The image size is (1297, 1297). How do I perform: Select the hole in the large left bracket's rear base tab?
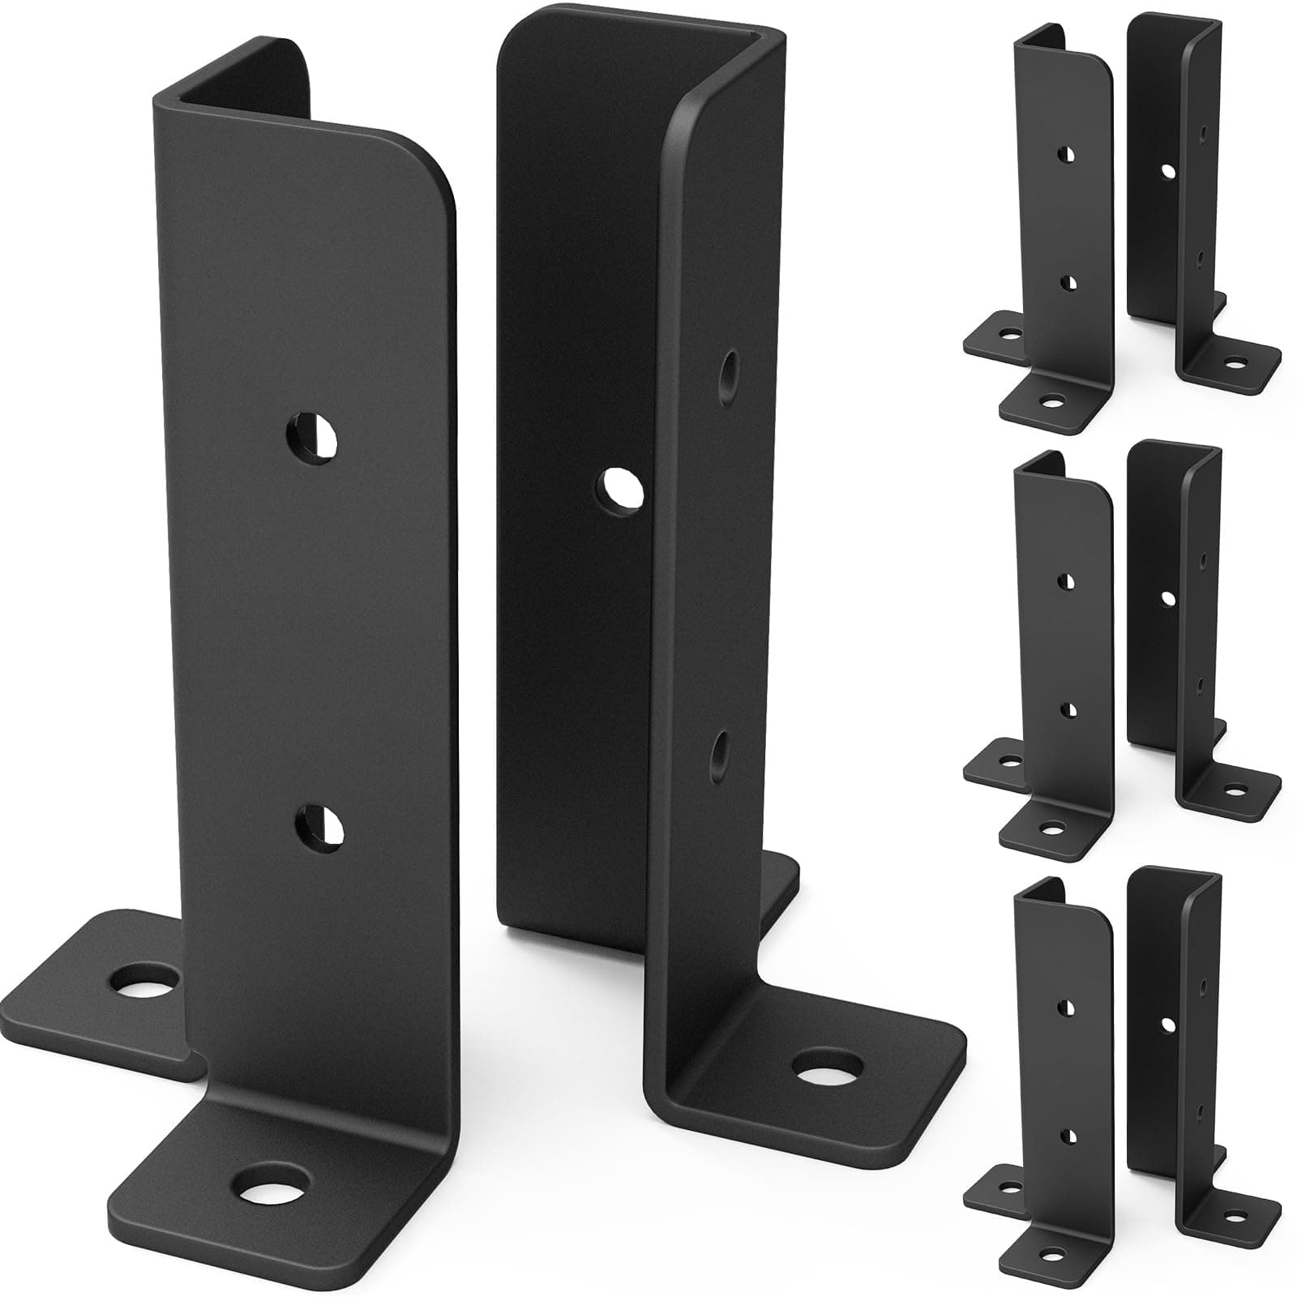click(x=146, y=982)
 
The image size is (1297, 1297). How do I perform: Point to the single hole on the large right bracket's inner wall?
click(x=622, y=490)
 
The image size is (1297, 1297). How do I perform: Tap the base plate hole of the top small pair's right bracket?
click(x=1235, y=362)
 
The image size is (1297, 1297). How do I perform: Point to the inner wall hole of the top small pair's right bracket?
click(x=1167, y=171)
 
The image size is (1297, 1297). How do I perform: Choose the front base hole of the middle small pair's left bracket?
click(x=1051, y=828)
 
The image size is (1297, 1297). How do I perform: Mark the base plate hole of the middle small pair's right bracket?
click(x=1235, y=789)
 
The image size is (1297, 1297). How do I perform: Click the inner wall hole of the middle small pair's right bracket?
click(x=1167, y=599)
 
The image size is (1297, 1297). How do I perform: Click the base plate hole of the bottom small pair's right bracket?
click(x=1235, y=1216)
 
